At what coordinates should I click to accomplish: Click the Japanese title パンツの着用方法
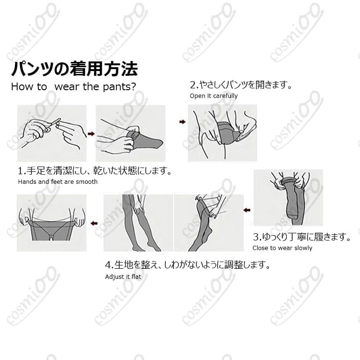(x=74, y=69)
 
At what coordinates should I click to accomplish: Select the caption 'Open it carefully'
(x=214, y=96)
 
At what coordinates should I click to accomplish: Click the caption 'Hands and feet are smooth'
(x=58, y=182)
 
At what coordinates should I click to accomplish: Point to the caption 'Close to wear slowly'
(x=282, y=248)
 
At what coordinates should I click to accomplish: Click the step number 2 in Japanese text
(x=193, y=85)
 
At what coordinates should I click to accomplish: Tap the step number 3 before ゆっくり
(x=256, y=237)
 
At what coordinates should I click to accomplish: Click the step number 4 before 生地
(x=108, y=264)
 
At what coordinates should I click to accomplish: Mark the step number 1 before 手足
(x=21, y=171)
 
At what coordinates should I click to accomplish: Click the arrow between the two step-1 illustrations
(x=91, y=133)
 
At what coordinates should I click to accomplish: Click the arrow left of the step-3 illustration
(x=246, y=210)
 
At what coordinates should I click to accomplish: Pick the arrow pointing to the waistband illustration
(x=94, y=223)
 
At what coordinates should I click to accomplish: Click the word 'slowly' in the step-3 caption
(x=302, y=248)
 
